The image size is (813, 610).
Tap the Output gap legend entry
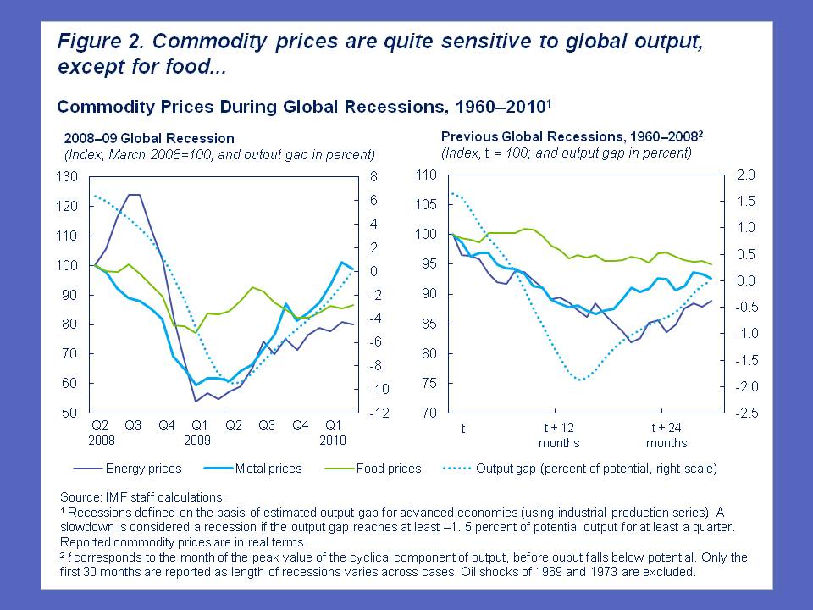click(584, 468)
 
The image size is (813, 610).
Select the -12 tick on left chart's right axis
click(357, 413)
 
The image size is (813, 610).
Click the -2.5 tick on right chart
click(742, 413)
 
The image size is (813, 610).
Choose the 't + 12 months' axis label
click(559, 435)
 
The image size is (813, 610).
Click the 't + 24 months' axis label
click(666, 435)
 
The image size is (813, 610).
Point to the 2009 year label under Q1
click(198, 439)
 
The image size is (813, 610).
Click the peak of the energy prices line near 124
click(133, 195)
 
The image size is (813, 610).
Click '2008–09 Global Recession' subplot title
click(149, 138)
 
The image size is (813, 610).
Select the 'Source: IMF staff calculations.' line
click(142, 496)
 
